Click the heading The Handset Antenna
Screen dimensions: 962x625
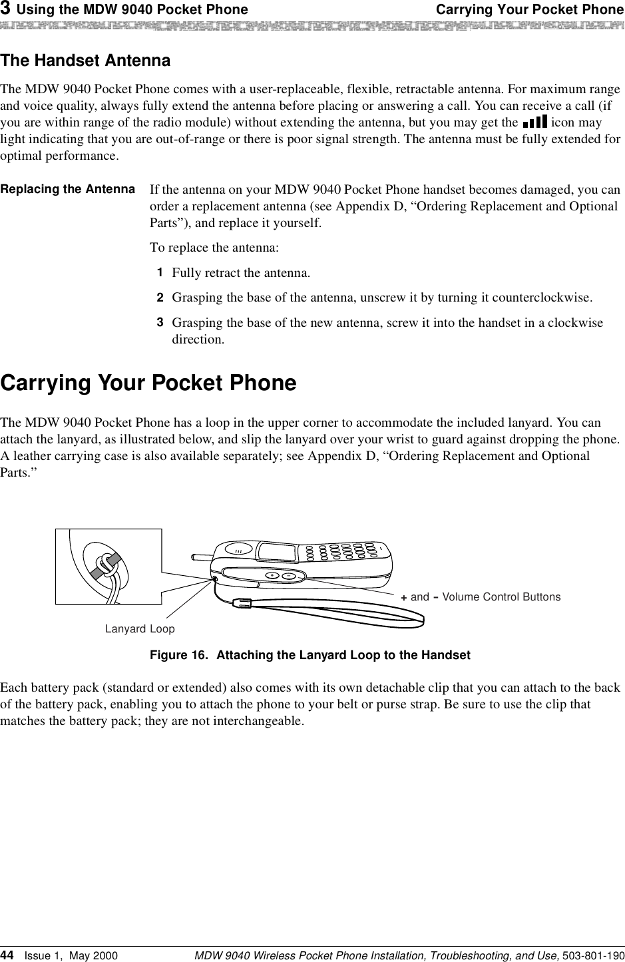(85, 61)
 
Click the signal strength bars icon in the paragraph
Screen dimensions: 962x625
(535, 122)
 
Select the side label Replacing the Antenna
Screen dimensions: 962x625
(68, 189)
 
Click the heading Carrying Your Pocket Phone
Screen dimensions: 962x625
(148, 383)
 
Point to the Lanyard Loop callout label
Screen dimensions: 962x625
(140, 629)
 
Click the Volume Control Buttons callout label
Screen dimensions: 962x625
(481, 597)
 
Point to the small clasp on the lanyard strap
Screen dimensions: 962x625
(244, 603)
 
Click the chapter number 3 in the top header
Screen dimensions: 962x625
(5, 9)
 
